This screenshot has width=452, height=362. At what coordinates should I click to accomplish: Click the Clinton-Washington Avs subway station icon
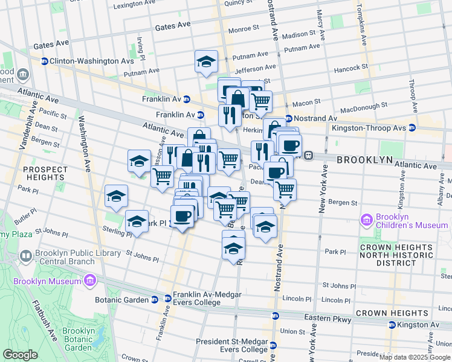[x=44, y=61]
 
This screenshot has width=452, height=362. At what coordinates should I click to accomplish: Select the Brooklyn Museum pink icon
[x=89, y=281]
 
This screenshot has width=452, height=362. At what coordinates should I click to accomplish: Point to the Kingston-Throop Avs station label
[x=369, y=128]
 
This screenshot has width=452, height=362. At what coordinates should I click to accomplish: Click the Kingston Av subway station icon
[x=392, y=325]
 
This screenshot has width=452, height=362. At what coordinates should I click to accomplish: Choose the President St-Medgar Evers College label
[x=232, y=345]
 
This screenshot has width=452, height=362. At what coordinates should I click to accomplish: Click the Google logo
[x=21, y=355]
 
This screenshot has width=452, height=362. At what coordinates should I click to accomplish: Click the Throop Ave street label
[x=412, y=94]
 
